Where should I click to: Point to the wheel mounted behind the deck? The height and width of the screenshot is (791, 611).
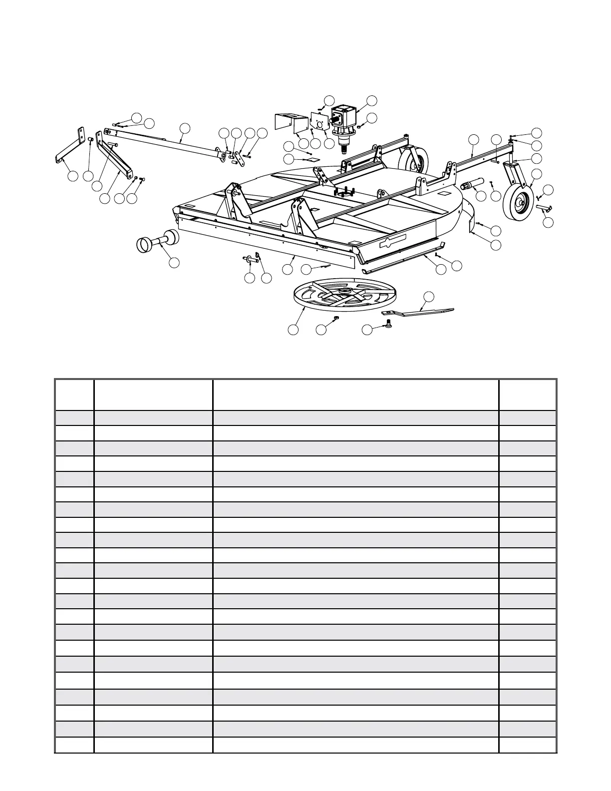point(414,164)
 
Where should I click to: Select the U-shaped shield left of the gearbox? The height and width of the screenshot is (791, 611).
point(291,123)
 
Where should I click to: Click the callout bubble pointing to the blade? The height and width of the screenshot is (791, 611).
point(428,297)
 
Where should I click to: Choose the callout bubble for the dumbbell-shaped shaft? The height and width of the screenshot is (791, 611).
point(174,262)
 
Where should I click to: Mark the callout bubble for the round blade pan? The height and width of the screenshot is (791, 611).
point(294,330)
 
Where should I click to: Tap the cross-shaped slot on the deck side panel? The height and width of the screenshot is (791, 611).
point(393,243)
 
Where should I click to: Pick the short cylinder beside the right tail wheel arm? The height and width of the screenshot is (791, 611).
point(474,185)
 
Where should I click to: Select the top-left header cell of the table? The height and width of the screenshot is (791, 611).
point(74,395)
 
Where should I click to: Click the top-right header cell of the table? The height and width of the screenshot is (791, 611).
point(527,395)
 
